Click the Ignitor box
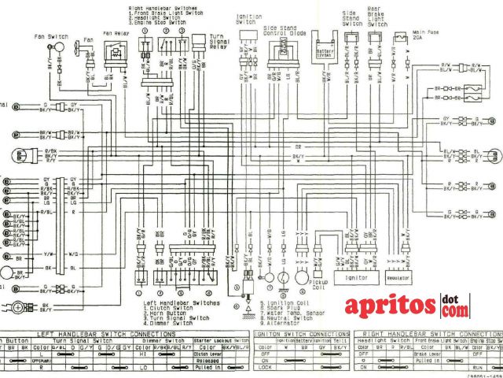pyautogui.click(x=351, y=278)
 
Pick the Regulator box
pyautogui.click(x=400, y=278)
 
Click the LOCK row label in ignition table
pyautogui.click(x=264, y=368)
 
